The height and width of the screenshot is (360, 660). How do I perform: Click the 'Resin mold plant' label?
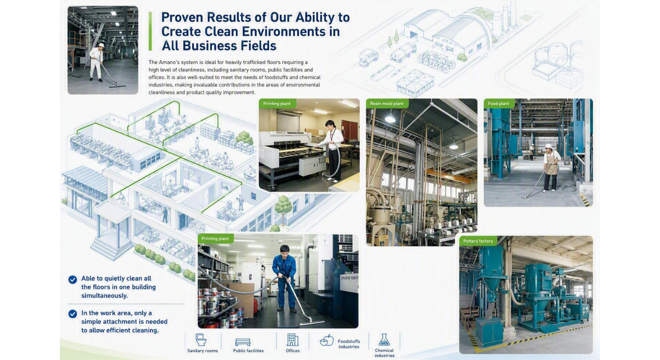pos(387,103)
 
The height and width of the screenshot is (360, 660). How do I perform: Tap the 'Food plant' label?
pos(498,103)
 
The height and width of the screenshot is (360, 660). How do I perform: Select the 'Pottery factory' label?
pos(478,241)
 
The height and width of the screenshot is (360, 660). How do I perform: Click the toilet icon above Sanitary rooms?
pos(201,340)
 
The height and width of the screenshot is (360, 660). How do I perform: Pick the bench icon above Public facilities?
pos(243,341)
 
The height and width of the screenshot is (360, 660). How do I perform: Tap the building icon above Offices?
pos(292,340)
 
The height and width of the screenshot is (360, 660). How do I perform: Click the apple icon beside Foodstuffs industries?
pos(327,340)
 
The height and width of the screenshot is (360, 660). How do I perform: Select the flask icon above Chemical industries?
pos(384,340)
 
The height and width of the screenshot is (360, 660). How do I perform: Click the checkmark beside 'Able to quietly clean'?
pos(73,280)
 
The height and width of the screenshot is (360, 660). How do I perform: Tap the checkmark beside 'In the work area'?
pos(73,314)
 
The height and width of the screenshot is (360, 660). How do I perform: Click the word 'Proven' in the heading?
pos(182,17)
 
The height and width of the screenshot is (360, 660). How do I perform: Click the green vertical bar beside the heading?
pos(150,31)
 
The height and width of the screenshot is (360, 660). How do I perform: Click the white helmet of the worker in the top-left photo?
pos(101,45)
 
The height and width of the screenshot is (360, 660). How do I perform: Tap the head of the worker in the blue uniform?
pos(284,250)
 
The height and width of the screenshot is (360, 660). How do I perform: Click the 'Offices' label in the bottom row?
pos(292,350)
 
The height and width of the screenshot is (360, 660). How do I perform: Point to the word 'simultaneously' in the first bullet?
pos(104,295)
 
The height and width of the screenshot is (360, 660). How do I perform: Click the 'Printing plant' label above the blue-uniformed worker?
pos(215,239)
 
